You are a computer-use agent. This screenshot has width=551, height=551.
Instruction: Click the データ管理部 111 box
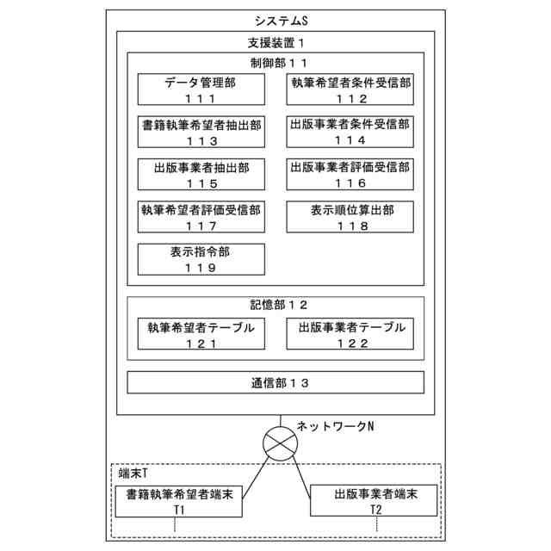coord(201,90)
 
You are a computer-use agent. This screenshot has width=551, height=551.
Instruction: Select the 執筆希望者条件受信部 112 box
coord(350,90)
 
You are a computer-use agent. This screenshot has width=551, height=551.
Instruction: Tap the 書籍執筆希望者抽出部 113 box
coord(201,132)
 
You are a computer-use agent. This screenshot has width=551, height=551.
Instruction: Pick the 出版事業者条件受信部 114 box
coord(350,132)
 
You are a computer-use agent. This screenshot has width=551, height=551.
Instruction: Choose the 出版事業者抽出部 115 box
coord(201,174)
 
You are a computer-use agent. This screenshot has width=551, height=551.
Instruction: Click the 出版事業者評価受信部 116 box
coord(350,174)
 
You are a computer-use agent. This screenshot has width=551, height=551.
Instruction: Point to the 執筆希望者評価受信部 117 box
coord(201,216)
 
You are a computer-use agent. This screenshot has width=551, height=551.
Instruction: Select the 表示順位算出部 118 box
coord(350,216)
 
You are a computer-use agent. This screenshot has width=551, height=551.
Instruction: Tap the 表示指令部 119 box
coord(201,258)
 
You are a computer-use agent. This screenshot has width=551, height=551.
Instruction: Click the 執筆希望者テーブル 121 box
coord(201,334)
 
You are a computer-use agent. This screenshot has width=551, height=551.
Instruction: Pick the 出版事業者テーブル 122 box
coord(350,334)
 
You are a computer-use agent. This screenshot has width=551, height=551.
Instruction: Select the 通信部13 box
coord(275,382)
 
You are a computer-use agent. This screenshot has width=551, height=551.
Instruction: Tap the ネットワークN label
coord(335,425)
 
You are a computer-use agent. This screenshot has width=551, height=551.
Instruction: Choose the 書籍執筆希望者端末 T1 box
coord(179,502)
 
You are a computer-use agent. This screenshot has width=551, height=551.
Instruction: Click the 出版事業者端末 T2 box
coord(375,502)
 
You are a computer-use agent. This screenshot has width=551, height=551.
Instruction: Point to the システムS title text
coord(275,20)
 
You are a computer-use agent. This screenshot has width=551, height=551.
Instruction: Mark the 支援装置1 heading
coord(275,42)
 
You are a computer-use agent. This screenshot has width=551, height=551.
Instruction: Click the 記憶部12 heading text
coord(275,305)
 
